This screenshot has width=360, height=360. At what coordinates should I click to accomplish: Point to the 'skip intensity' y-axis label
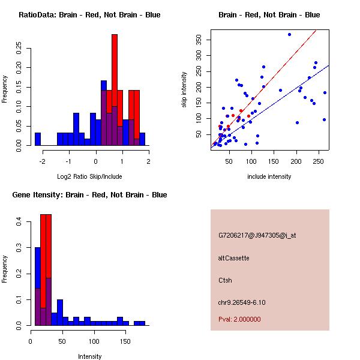[184, 90]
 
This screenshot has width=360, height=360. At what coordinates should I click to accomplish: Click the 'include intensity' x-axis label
[269, 176]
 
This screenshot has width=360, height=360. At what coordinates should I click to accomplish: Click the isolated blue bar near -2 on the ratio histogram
[37, 139]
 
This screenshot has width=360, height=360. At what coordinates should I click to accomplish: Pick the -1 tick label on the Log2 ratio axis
[69, 161]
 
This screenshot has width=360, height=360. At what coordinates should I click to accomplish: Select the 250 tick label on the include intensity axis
[316, 161]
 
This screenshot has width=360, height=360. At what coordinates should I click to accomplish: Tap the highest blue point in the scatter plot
[289, 34]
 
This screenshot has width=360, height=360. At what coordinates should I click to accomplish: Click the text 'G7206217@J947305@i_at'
[257, 235]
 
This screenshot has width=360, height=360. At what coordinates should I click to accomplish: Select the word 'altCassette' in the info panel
[233, 258]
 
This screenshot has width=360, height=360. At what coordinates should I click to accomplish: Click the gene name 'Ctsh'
[225, 280]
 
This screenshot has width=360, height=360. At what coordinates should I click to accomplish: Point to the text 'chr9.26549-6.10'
[242, 302]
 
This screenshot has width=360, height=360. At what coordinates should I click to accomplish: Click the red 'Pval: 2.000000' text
[239, 319]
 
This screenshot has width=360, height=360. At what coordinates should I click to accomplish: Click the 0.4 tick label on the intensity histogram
[19, 222]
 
